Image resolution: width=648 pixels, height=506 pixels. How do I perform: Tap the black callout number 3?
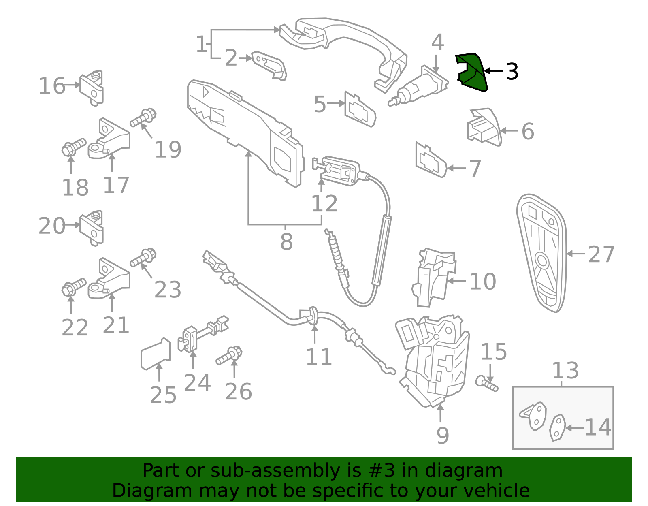pos(512,72)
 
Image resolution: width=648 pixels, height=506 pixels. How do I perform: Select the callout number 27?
pos(601,254)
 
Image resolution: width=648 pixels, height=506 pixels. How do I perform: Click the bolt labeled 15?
pos(486,383)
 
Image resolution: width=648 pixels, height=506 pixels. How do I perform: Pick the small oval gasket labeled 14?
pos(558,427)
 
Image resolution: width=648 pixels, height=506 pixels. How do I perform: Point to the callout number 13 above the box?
pos(565,371)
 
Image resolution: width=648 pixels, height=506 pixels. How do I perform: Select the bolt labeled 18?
pos(73,147)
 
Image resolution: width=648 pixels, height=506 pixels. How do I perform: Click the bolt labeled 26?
pos(229,355)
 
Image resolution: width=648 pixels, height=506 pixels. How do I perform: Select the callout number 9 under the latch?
pos(442,436)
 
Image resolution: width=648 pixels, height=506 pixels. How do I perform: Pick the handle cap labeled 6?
pos(484,127)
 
